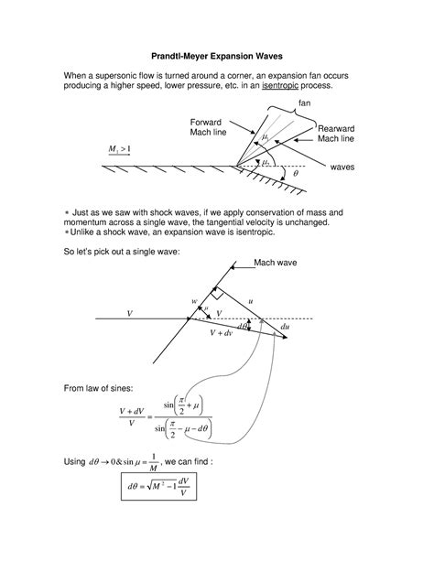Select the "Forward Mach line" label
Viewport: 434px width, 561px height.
coord(212,128)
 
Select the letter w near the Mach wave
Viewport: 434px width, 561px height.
coord(194,301)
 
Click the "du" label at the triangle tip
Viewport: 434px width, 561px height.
coord(286,327)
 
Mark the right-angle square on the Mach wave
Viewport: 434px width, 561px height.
coord(215,294)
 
